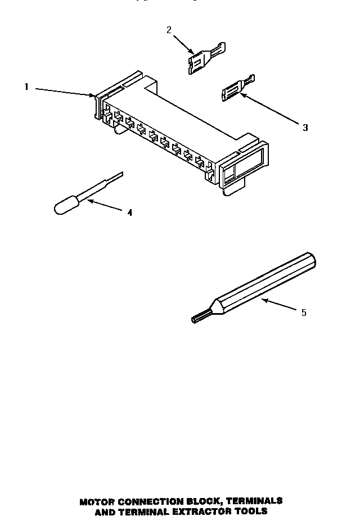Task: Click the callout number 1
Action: [26, 87]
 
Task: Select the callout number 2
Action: [169, 30]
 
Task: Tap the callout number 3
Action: [305, 128]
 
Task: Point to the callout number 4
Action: [130, 212]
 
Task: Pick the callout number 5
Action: [304, 313]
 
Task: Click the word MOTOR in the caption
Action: [99, 501]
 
